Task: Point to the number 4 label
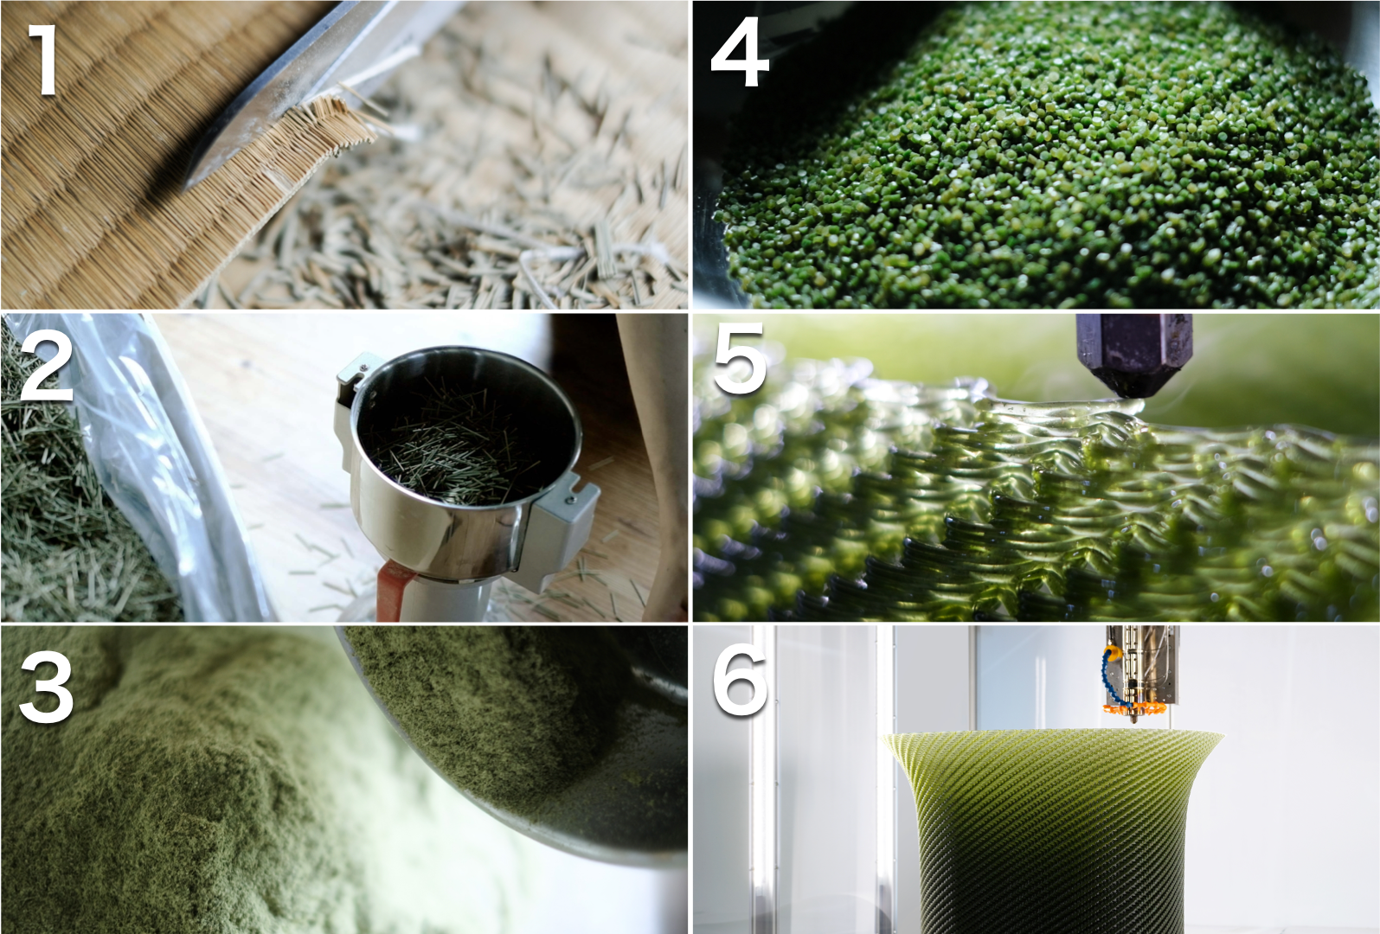pos(740,54)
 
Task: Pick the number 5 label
pos(740,360)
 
